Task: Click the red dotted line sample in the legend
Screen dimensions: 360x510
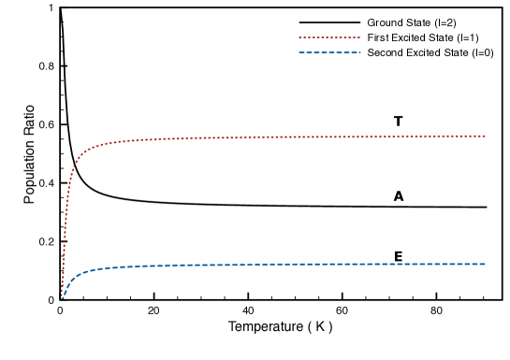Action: point(329,38)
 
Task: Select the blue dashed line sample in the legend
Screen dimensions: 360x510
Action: point(329,53)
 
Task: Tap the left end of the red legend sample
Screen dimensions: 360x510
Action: point(299,38)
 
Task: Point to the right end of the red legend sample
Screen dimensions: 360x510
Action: point(359,38)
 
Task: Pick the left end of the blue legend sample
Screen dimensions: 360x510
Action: point(299,53)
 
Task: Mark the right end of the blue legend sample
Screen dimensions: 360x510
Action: point(359,53)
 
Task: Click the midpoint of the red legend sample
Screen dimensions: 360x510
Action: point(329,38)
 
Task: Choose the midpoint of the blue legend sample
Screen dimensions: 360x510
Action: point(329,53)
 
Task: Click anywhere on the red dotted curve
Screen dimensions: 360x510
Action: point(281,137)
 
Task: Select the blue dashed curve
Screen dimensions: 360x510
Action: point(281,265)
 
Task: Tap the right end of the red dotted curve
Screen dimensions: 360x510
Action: point(485,137)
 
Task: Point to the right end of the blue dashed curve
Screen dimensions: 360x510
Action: point(485,264)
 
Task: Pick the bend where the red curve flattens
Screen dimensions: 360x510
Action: point(80,156)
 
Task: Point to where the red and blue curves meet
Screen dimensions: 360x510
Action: point(62,297)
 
